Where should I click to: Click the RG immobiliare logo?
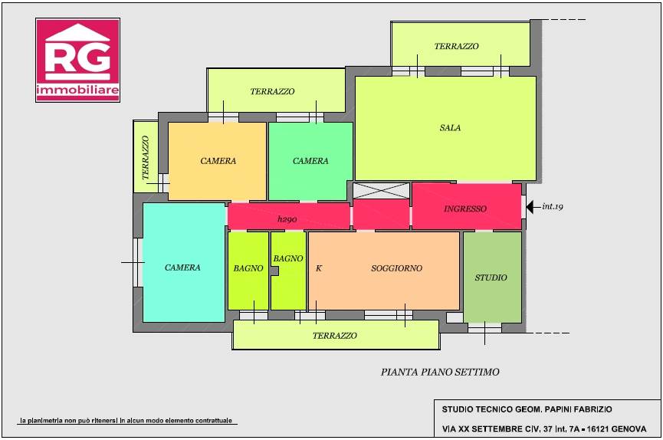click(78, 60)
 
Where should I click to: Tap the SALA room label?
click(450, 128)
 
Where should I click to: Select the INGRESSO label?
click(465, 209)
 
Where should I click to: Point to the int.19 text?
click(552, 206)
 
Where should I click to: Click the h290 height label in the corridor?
click(287, 219)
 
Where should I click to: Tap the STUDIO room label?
click(491, 277)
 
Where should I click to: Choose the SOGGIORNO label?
click(396, 268)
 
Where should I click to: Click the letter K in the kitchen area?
click(319, 268)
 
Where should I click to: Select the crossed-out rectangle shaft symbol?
click(382, 191)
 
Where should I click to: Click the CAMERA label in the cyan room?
click(182, 268)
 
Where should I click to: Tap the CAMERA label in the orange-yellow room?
click(218, 161)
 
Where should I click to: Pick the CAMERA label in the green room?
click(310, 161)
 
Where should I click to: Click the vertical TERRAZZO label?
click(146, 158)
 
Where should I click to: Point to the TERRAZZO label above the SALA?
click(456, 46)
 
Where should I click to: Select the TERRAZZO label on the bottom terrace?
click(335, 336)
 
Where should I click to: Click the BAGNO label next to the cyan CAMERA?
click(248, 268)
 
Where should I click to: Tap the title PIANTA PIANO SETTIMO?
click(440, 372)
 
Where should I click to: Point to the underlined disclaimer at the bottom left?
click(126, 421)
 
